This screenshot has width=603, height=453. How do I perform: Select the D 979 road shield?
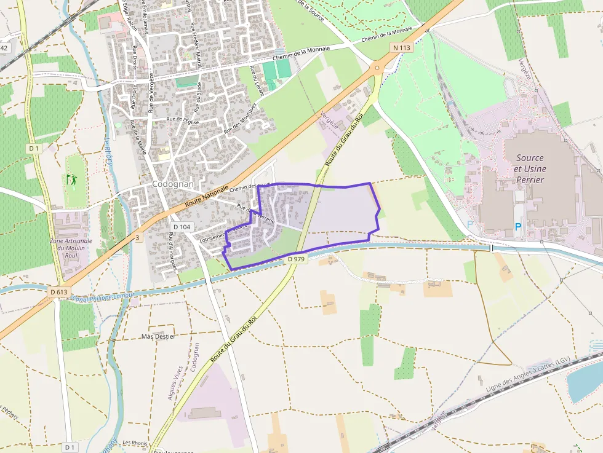point(296,259)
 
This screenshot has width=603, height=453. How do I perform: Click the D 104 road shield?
point(182,227)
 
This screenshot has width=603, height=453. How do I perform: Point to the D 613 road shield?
point(58,291)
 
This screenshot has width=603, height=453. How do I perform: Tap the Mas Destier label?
point(158,336)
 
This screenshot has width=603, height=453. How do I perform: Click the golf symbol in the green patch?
point(71,180)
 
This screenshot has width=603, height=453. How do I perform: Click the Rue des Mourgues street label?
point(241,118)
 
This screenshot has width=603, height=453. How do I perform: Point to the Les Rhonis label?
point(135,443)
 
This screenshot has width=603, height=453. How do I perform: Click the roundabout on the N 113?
point(377,68)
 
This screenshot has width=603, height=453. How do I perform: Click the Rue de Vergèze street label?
point(151,92)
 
